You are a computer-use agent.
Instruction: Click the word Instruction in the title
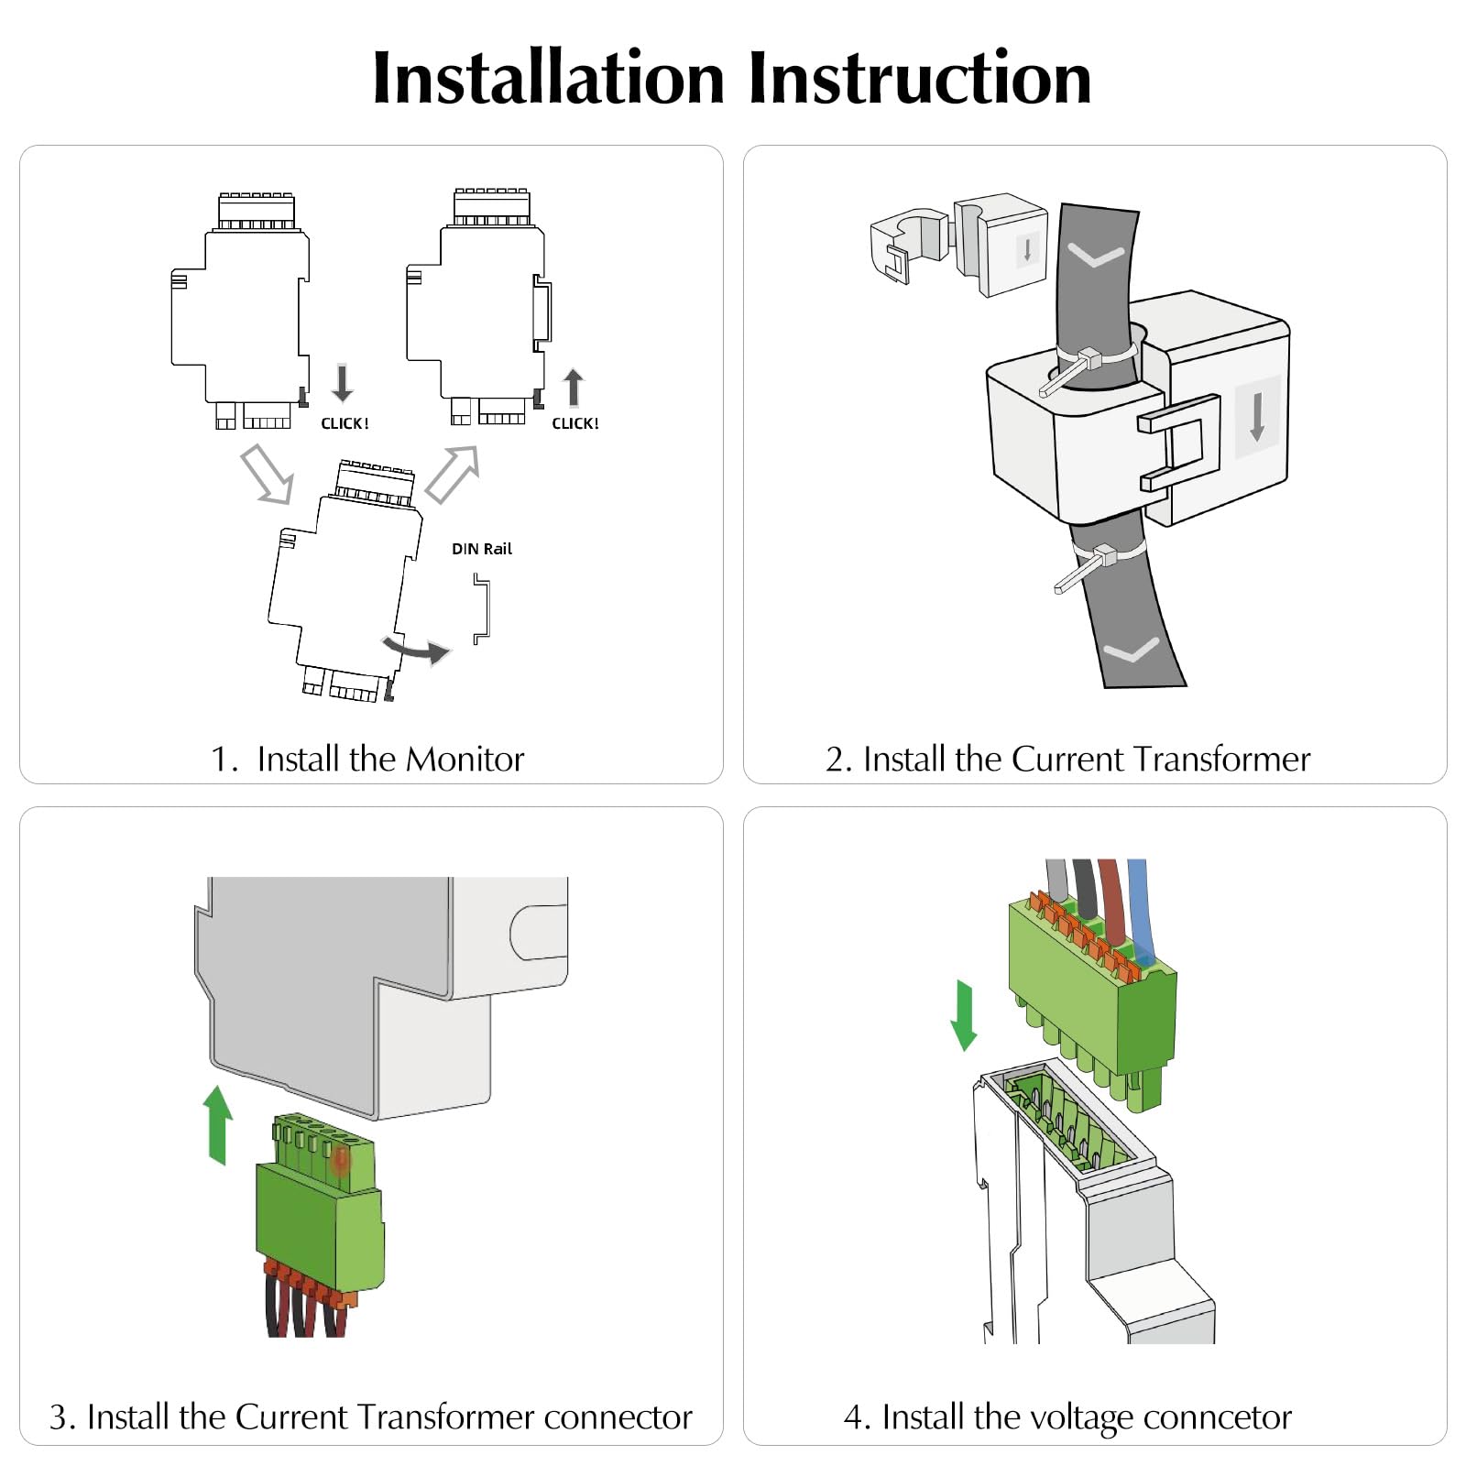pyautogui.click(x=920, y=78)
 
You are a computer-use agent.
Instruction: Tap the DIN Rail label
pyautogui.click(x=482, y=549)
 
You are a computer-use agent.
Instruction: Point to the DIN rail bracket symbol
pyautogui.click(x=482, y=608)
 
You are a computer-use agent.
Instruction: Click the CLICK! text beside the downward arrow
pyautogui.click(x=345, y=423)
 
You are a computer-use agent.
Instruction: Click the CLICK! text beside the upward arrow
pyautogui.click(x=575, y=423)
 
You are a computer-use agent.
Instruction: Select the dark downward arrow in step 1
pyautogui.click(x=343, y=383)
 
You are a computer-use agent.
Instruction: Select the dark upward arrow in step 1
pyautogui.click(x=574, y=387)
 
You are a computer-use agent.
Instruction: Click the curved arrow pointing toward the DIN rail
pyautogui.click(x=418, y=650)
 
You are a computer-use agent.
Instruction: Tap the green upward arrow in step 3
pyautogui.click(x=218, y=1124)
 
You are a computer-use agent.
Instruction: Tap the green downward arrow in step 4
pyautogui.click(x=964, y=1015)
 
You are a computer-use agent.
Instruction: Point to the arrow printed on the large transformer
pyautogui.click(x=1257, y=416)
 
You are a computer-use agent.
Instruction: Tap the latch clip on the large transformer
pyautogui.click(x=1180, y=442)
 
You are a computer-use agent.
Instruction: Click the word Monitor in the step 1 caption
pyautogui.click(x=465, y=760)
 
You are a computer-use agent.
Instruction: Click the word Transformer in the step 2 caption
pyautogui.click(x=1221, y=760)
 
